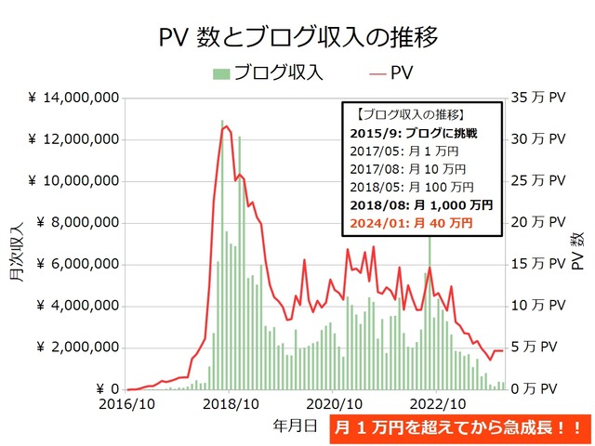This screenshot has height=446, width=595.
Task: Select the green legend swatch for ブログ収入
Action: click(220, 72)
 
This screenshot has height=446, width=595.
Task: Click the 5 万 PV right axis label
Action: click(541, 348)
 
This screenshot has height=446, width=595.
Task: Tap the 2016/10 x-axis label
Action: click(126, 404)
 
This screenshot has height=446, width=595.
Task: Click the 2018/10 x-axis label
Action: click(230, 404)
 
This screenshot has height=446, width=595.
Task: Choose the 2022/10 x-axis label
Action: click(438, 404)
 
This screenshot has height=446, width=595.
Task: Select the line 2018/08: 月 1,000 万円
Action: click(423, 205)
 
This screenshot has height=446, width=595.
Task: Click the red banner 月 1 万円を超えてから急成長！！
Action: click(459, 428)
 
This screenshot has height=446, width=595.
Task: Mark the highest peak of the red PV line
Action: click(227, 126)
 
